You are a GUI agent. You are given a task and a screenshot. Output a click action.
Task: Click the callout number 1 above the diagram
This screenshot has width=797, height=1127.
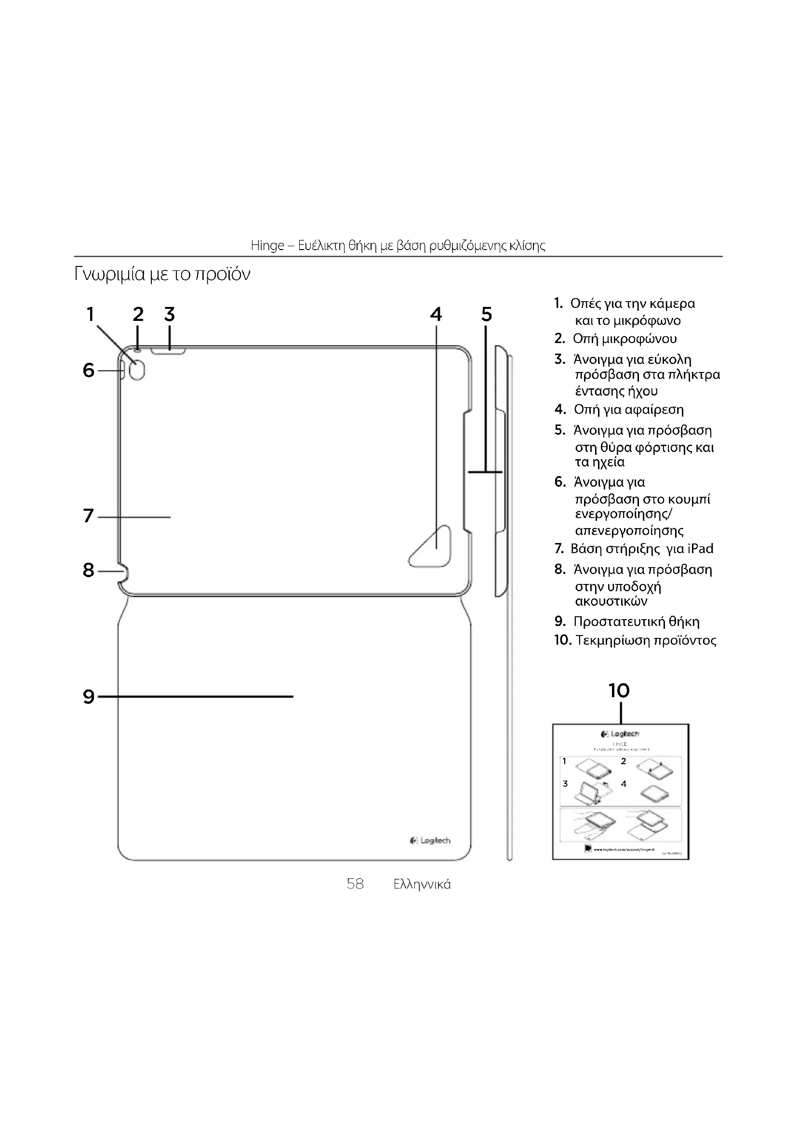coord(90,314)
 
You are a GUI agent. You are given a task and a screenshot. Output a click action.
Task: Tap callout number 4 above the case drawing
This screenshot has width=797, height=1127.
coord(436,314)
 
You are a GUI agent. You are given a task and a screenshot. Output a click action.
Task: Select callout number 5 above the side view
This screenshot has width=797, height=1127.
coord(486,314)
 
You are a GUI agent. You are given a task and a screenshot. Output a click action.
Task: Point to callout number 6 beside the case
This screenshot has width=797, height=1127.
coord(88,370)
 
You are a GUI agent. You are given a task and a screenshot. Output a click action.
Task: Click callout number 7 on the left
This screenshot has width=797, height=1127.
coord(88,516)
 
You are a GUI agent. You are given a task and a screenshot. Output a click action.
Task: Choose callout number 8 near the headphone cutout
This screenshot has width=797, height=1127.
coord(88,570)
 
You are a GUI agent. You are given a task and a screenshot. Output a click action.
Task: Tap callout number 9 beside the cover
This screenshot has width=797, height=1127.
coord(88,697)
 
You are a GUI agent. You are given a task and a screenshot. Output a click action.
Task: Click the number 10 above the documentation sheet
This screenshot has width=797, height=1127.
coord(619,690)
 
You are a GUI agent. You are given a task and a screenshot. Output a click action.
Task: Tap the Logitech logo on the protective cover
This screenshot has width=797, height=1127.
coord(430,841)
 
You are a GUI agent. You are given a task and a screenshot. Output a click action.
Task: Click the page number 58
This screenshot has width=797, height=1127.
coord(355,884)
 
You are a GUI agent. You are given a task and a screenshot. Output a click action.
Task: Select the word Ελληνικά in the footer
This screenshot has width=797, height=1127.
coord(422,885)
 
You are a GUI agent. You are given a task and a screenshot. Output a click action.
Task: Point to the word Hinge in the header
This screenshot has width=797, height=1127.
coord(267,245)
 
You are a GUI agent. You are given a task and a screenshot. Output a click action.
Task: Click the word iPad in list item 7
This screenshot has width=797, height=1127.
coord(700,548)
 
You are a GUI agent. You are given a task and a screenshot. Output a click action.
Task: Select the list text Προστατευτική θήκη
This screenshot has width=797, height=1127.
coord(637,622)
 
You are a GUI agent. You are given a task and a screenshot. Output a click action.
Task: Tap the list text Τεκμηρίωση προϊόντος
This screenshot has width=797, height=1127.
coord(646,640)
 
